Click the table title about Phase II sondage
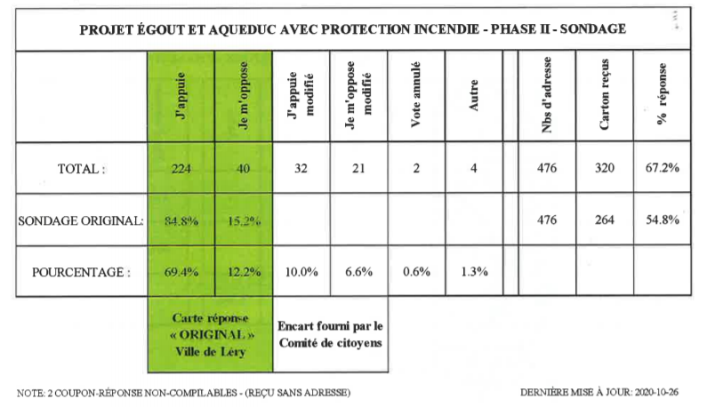(352, 28)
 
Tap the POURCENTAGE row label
(82, 272)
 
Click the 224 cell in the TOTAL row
(181, 170)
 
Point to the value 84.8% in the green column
(181, 221)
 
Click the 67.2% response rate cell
(663, 170)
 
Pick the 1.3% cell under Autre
(473, 272)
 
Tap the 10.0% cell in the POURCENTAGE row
(301, 272)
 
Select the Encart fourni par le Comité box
(330, 331)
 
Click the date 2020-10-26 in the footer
(659, 392)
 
